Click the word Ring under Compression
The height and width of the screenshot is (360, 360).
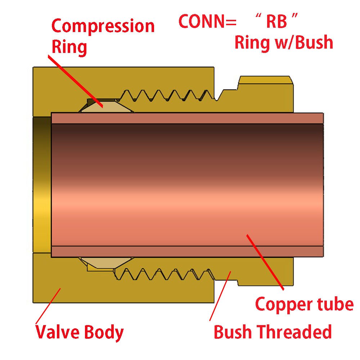69,47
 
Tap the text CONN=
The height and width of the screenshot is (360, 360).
207,21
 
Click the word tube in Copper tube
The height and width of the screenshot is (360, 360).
336,304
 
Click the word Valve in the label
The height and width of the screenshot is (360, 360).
58,332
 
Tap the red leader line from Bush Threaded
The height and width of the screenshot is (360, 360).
220,296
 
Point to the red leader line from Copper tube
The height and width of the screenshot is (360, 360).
265,262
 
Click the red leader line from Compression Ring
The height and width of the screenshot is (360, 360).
75,81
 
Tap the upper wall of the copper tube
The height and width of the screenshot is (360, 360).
187,118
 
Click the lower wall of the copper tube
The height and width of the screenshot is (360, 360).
187,251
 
